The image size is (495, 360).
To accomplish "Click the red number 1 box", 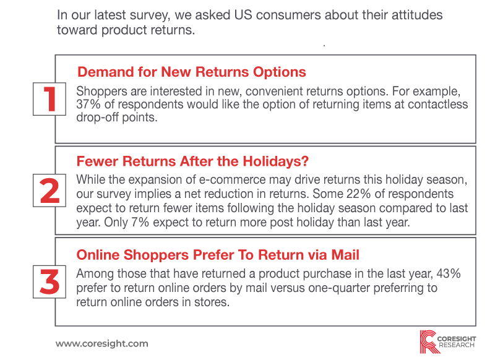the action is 49,99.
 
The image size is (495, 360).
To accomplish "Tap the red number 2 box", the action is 49,191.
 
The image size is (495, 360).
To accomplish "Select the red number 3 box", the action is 49,282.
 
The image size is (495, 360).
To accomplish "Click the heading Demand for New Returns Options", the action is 192,72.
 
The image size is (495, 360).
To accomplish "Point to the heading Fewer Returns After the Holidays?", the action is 192,161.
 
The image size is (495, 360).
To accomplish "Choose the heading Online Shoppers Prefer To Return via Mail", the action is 218,255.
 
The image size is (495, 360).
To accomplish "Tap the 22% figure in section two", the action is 358,194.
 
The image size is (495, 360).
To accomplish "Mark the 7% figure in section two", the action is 140,222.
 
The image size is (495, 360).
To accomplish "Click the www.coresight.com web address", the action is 102,343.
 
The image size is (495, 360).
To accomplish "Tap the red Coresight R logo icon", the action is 428,341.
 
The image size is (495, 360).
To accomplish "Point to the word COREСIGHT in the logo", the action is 457,339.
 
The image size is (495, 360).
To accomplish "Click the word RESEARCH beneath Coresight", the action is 457,345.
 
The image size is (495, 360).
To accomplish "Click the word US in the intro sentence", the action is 243,15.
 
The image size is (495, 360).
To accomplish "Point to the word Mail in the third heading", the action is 345,255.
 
